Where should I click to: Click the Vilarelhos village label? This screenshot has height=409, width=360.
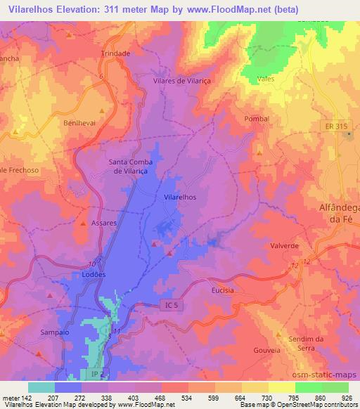[180, 197]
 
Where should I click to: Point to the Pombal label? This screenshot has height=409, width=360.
[257, 119]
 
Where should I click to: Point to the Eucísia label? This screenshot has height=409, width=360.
[222, 290]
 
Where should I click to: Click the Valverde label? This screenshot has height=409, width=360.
[285, 246]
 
